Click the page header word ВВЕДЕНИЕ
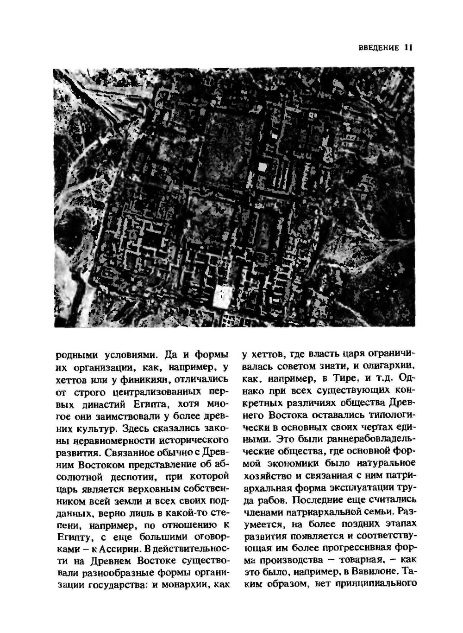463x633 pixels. click(378, 48)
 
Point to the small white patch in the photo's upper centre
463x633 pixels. click(262, 167)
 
